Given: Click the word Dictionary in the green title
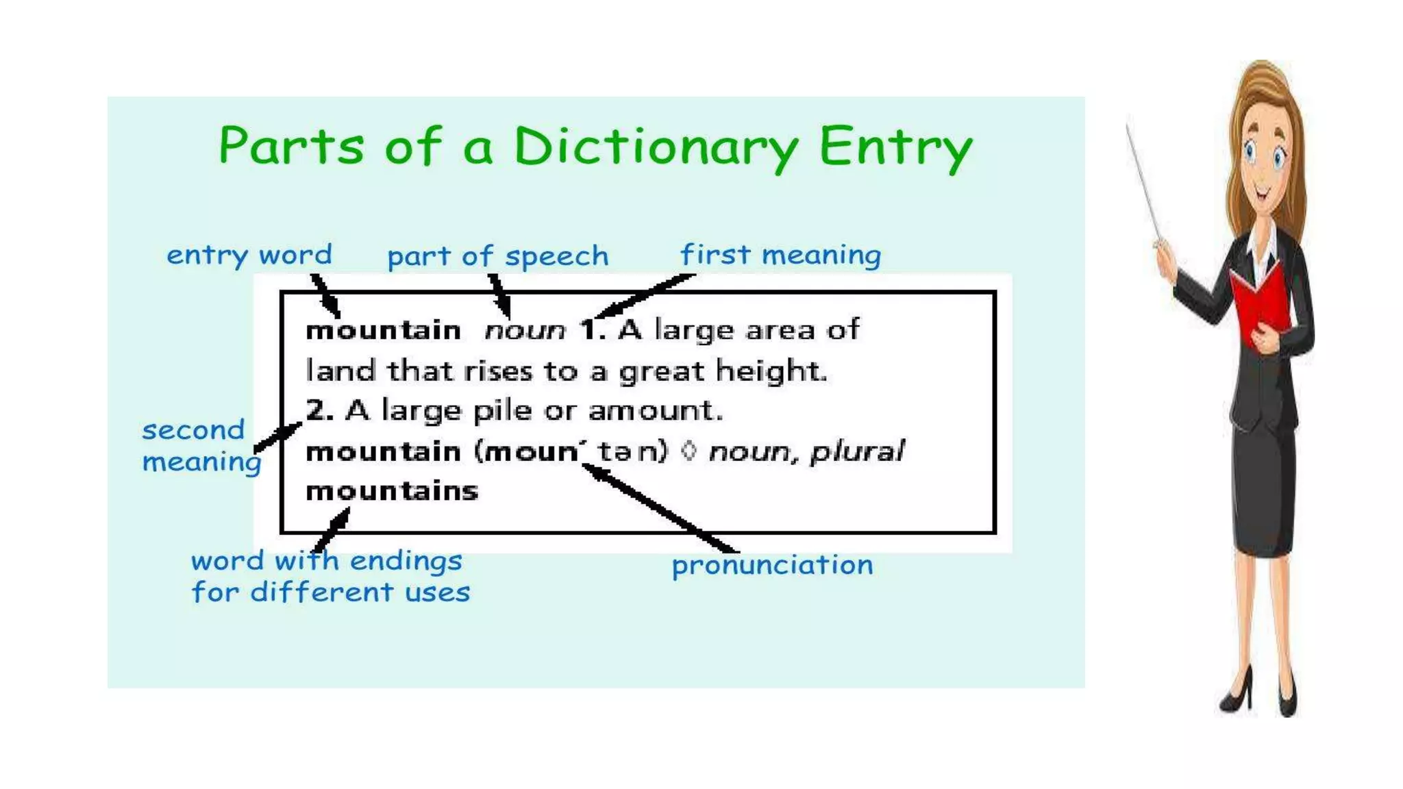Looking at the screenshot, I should (x=656, y=147).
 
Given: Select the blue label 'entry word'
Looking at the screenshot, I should (x=249, y=255).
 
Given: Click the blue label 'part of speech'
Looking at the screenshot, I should (x=497, y=257).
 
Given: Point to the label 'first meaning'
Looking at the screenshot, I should (x=780, y=255).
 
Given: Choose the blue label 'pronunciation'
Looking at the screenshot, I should (x=772, y=566).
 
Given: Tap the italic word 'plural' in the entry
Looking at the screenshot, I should (x=857, y=452).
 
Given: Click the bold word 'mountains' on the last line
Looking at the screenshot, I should (x=392, y=491).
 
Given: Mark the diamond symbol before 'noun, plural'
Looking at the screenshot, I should (x=690, y=451).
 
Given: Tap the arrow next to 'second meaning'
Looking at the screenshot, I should (x=277, y=437).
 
